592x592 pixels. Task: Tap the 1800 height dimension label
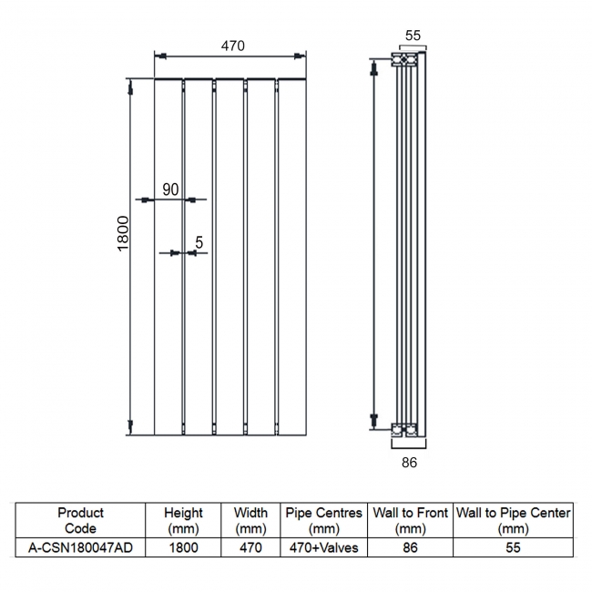pos(124,235)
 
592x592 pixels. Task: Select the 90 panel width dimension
pos(170,189)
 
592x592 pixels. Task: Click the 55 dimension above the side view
pos(412,36)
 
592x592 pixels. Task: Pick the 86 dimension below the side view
pos(409,463)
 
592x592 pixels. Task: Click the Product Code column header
pos(80,520)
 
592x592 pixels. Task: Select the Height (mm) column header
pos(183,520)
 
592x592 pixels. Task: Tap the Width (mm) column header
pos(250,520)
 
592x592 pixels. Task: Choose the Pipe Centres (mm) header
pos(323,520)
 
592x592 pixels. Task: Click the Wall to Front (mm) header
pos(410,520)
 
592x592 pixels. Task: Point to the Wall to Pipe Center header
pos(513,520)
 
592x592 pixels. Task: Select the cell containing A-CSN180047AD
pos(80,547)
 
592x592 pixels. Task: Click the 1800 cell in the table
pos(183,547)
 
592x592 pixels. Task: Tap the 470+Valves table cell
pos(323,547)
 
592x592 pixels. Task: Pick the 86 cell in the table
pos(410,547)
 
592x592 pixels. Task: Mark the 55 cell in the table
pos(513,547)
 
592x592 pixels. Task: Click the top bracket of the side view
pos(406,60)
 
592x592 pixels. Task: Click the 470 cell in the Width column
pos(250,547)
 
